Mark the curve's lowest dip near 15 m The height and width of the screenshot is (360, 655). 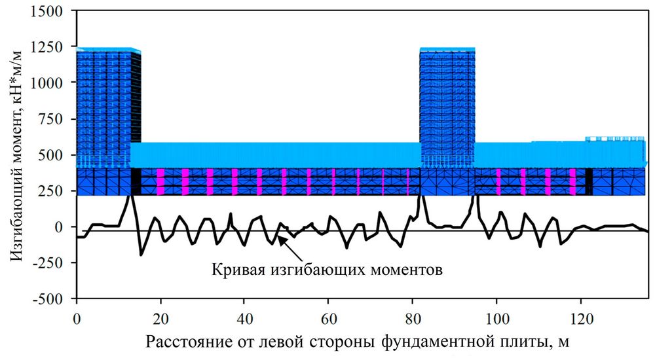pyautogui.click(x=141, y=255)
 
